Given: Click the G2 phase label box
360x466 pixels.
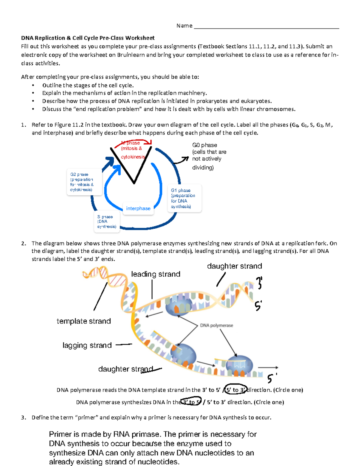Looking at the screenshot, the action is [x=84, y=182].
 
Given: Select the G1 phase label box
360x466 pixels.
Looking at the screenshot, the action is [x=184, y=198].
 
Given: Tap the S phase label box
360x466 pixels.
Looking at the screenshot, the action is [x=107, y=222].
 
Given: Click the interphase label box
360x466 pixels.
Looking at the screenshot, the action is [x=138, y=209].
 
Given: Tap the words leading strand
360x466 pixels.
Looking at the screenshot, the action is [x=156, y=274].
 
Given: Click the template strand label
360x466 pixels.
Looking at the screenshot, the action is [x=84, y=321].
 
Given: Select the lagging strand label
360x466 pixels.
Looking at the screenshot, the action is [x=87, y=345].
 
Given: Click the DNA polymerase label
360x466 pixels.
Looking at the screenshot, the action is [x=216, y=326].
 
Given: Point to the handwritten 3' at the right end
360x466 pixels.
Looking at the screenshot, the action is [x=259, y=283].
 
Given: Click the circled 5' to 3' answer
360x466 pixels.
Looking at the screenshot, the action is [x=236, y=390].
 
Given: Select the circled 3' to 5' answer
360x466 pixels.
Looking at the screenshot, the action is [x=191, y=402].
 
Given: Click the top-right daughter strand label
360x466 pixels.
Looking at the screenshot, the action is [x=234, y=266].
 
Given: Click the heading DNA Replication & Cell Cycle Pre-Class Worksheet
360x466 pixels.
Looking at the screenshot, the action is [x=88, y=38].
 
